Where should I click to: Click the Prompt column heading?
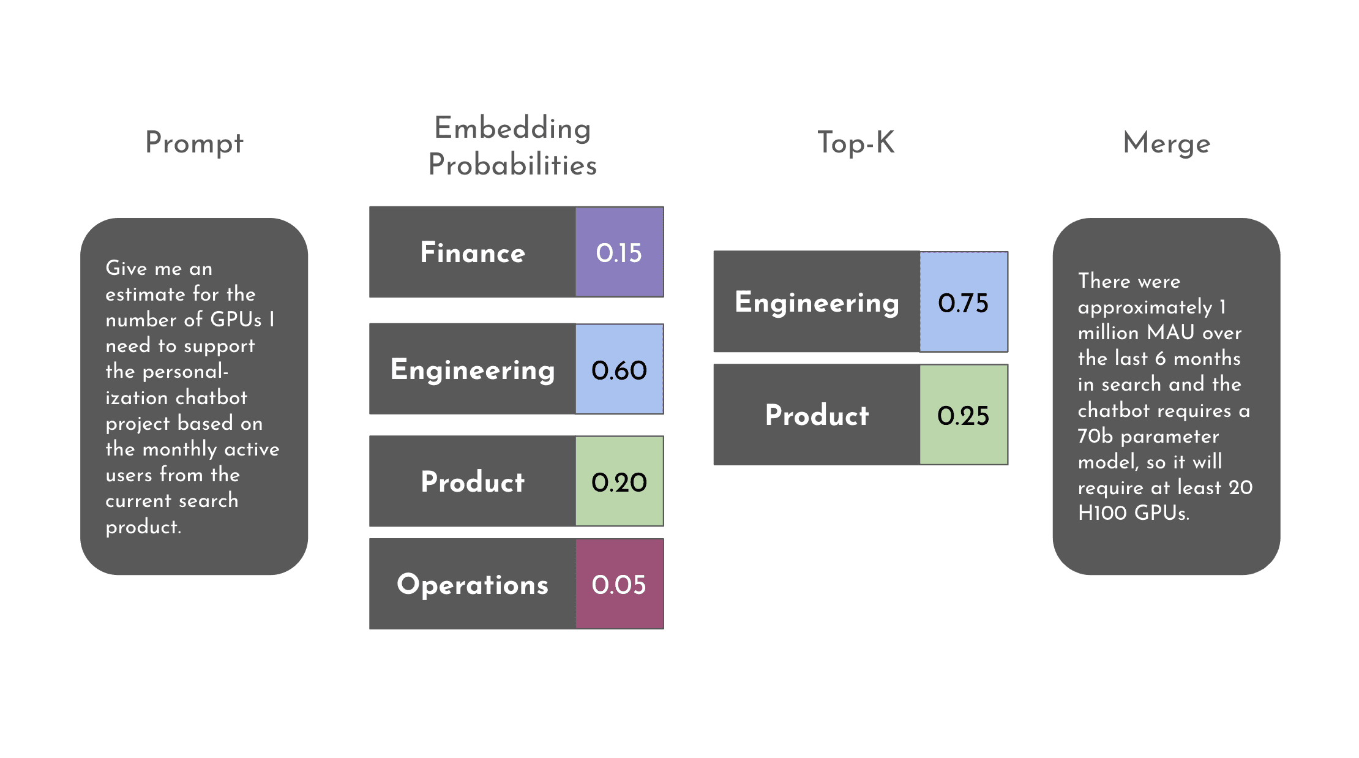[x=194, y=143]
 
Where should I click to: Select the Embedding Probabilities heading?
[x=512, y=146]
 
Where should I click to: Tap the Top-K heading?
[x=856, y=143]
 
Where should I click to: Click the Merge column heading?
[x=1166, y=143]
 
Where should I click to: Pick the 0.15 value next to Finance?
[x=619, y=252]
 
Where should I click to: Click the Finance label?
[x=473, y=252]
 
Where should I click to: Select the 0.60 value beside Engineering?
[x=619, y=369]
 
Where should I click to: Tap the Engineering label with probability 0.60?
[x=473, y=369]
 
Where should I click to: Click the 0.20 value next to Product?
[x=619, y=482]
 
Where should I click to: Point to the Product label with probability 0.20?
[x=473, y=482]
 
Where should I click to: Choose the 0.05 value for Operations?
[x=619, y=584]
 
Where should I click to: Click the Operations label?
[x=473, y=584]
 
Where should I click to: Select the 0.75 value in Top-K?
[x=963, y=302]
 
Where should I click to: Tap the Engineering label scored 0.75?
[x=817, y=302]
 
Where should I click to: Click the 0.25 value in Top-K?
[x=963, y=415]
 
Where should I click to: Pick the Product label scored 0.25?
[x=817, y=415]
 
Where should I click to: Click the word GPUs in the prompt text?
[x=236, y=320]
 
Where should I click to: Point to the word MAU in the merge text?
[x=1170, y=332]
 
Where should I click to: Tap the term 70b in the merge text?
[x=1095, y=436]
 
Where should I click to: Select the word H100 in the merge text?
[x=1102, y=513]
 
